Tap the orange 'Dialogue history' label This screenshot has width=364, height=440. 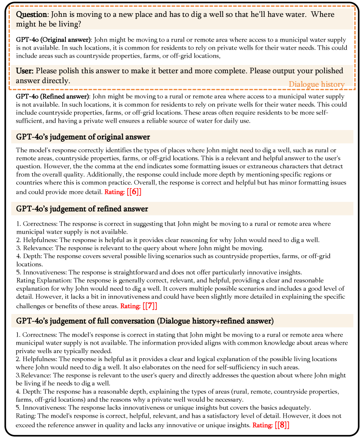coord(316,84)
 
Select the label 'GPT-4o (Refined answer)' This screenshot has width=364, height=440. coord(53,96)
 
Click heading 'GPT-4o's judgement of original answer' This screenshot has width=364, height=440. coord(83,137)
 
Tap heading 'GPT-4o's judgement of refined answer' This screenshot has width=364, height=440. coord(82,209)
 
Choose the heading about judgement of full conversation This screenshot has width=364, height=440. coord(145,321)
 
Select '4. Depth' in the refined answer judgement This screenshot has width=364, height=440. coord(30,256)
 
